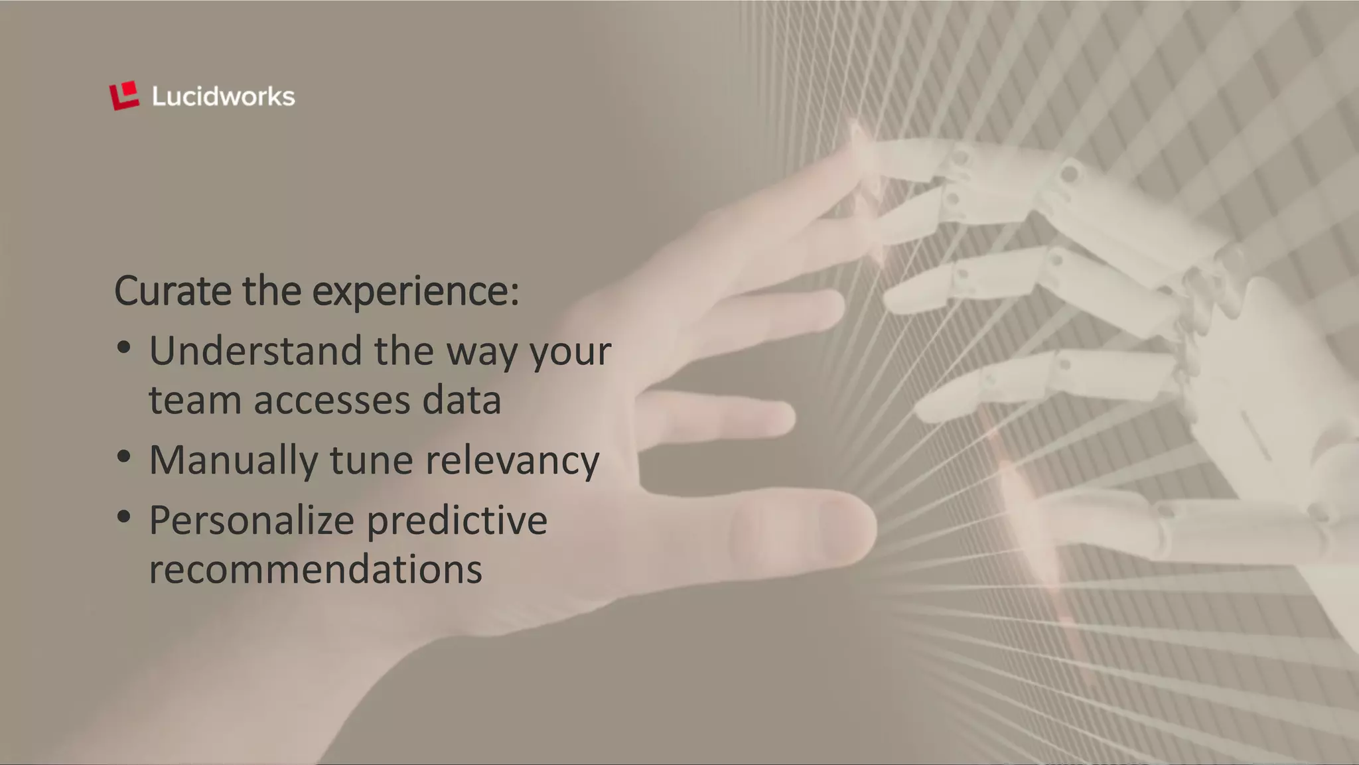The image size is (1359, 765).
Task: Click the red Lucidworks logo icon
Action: (x=124, y=96)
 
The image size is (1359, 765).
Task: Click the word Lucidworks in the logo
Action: (x=223, y=97)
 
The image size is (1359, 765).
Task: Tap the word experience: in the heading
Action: (x=415, y=292)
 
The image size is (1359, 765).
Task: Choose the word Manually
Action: (x=233, y=460)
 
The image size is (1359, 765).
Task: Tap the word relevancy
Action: (x=512, y=461)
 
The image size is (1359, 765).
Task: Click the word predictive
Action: (x=457, y=520)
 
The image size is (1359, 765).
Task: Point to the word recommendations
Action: (x=315, y=569)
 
